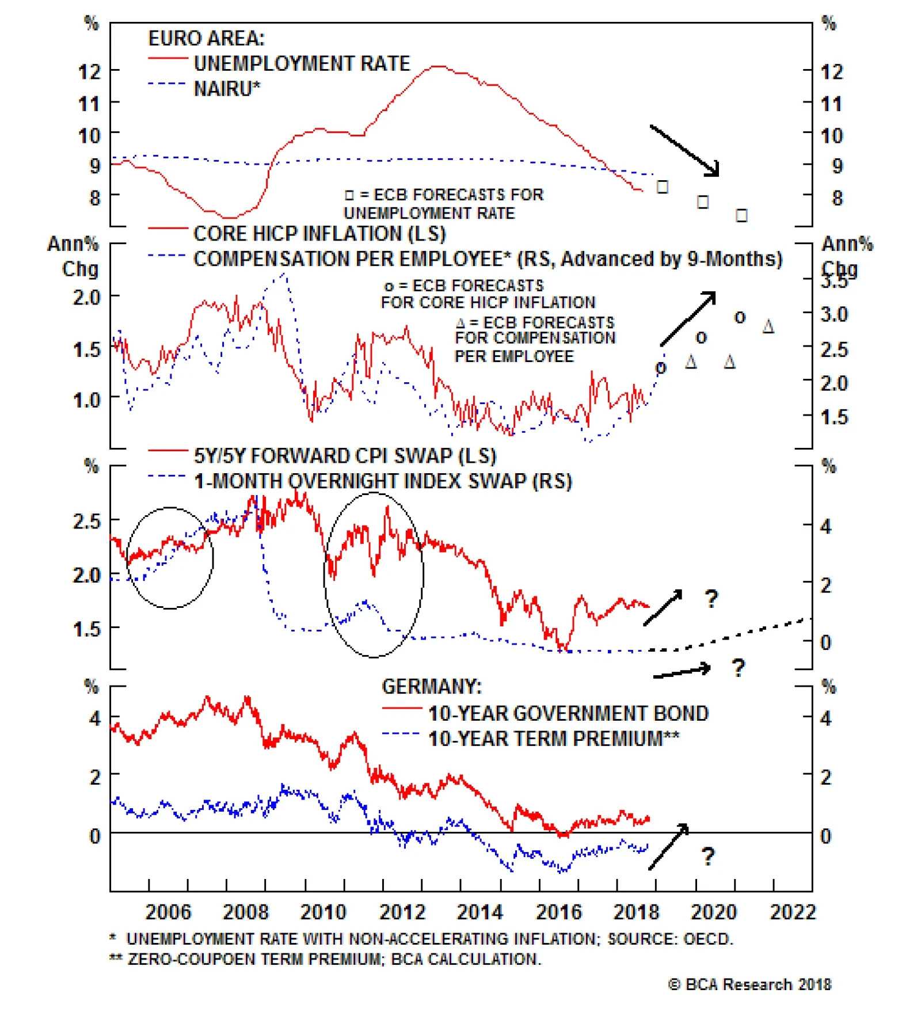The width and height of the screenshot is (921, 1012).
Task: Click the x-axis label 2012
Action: (x=401, y=912)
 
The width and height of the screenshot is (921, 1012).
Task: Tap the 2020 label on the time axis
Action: (x=713, y=912)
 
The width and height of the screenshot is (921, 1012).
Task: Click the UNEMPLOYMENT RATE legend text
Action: (x=302, y=63)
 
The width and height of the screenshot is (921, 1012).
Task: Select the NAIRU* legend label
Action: (x=227, y=89)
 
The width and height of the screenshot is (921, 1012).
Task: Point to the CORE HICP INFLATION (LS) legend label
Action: (x=319, y=234)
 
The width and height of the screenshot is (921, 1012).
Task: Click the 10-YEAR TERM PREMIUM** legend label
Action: (x=553, y=739)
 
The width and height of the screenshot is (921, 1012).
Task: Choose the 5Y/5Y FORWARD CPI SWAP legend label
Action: (x=345, y=456)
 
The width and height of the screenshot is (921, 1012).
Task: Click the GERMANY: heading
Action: (x=431, y=687)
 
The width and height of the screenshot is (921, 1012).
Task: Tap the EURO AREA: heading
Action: (x=206, y=39)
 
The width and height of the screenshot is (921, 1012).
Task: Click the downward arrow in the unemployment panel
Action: (x=685, y=150)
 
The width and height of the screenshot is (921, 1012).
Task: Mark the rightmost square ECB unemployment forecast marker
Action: (x=741, y=216)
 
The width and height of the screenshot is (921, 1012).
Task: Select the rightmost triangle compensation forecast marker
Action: (x=768, y=328)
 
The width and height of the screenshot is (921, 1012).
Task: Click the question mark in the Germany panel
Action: (x=708, y=857)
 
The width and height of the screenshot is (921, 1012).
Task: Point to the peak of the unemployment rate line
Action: (x=437, y=67)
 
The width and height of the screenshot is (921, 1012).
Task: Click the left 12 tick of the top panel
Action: (x=89, y=72)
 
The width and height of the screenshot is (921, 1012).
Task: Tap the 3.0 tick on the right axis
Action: (x=834, y=315)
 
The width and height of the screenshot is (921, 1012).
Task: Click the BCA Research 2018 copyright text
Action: (x=749, y=984)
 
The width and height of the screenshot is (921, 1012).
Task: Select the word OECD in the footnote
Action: (x=707, y=939)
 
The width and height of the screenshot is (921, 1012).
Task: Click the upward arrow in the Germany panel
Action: (x=669, y=846)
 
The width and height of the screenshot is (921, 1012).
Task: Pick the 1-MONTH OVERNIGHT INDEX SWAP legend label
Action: (x=383, y=481)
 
